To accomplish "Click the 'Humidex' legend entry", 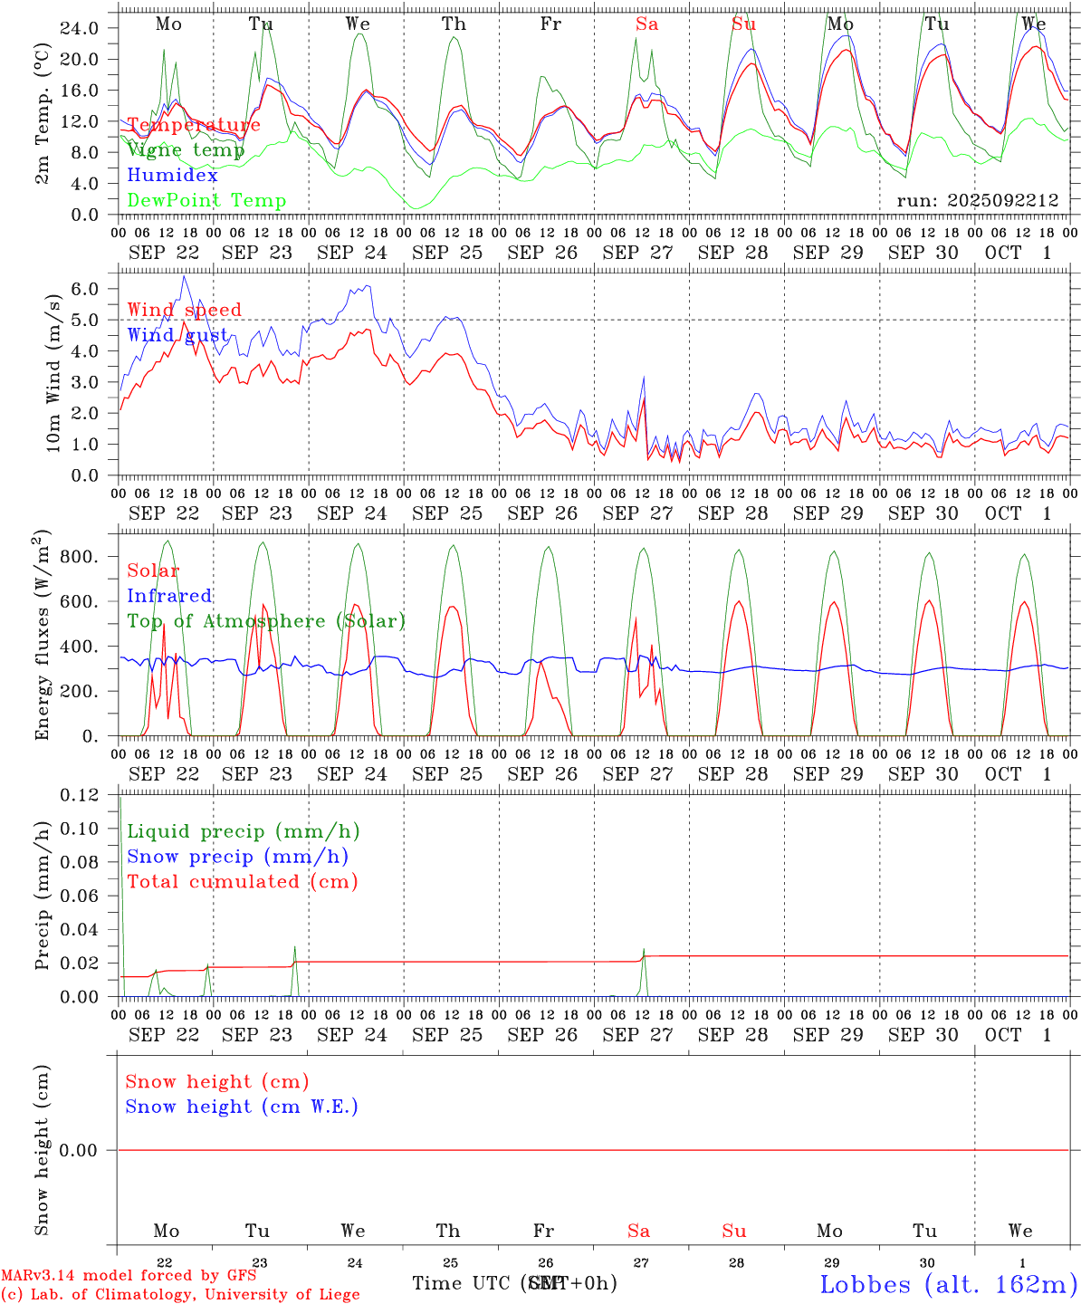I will (172, 176).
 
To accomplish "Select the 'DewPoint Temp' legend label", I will (206, 201).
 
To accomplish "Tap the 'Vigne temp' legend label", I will (186, 150).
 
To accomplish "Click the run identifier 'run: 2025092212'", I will (977, 200).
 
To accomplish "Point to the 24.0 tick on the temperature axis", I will (80, 28).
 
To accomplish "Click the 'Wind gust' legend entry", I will (177, 335).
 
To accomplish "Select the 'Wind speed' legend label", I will (184, 311).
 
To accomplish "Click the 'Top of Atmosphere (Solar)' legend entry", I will (266, 621).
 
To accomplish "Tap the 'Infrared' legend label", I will (169, 596).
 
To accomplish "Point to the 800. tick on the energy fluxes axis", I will (80, 557).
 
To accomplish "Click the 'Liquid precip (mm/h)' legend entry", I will (243, 831).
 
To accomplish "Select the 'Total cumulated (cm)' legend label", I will (242, 882).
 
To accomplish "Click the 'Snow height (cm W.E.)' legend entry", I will (241, 1107).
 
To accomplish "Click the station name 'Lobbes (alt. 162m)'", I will (948, 1284).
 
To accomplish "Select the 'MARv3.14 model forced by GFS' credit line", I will (129, 1276).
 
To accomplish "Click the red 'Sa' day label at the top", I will (646, 24).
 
